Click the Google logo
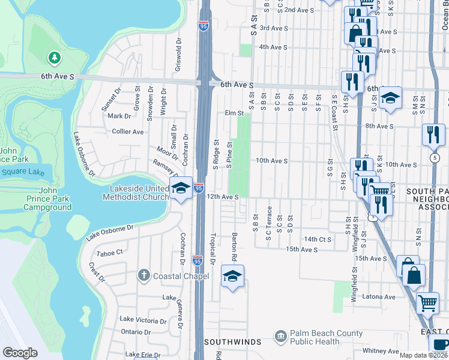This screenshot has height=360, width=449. pos(20,353)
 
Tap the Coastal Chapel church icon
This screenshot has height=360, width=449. pos(143,275)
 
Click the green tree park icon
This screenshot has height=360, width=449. pos(55,58)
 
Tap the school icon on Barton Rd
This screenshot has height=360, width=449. pos(232,276)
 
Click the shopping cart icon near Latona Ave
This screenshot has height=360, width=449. pos(427,303)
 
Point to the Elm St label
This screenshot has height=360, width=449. pos(234,113)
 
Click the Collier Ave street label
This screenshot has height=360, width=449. pos(128,131)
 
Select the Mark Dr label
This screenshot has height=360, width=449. pos(119,116)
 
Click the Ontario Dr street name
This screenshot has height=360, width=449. pos(135,332)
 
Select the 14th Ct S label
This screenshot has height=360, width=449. pos(318,239)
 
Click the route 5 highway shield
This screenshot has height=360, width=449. pos(434,157)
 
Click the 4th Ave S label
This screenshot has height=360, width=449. pos(273,47)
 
